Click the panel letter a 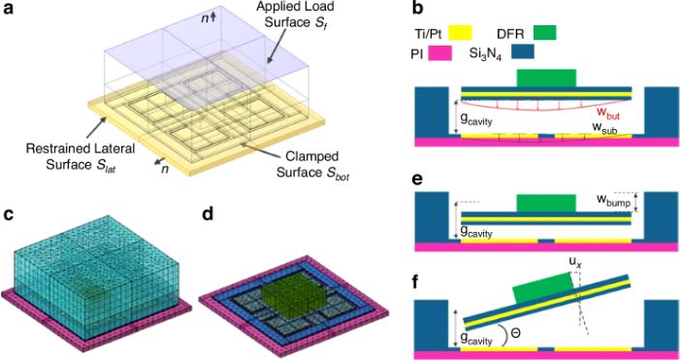tap(9, 9)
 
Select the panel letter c tap(9, 214)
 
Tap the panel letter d tap(209, 213)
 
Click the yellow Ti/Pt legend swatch tap(458, 33)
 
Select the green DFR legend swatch tap(542, 32)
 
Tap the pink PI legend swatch tap(438, 53)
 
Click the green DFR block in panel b tap(546, 79)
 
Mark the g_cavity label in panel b tap(477, 119)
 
